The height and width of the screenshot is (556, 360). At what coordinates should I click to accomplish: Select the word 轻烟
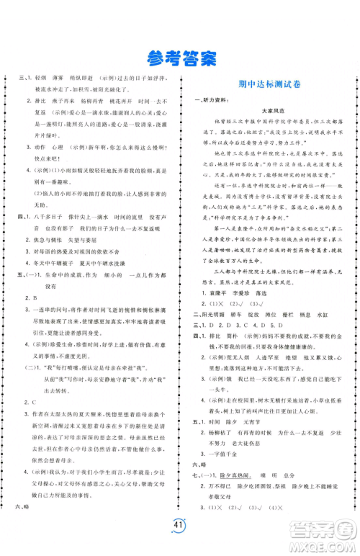pos(41,78)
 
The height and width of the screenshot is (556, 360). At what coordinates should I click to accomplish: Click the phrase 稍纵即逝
pos(94,78)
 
